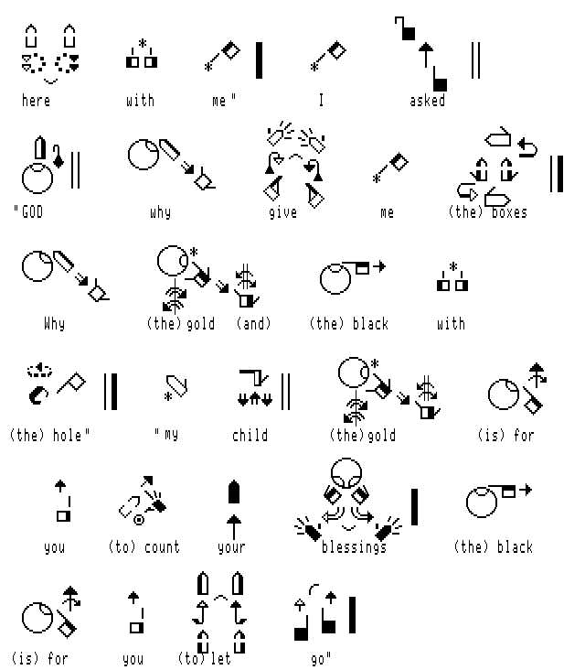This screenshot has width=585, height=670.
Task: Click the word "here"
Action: tap(36, 101)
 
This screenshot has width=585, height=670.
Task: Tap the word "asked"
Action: tap(427, 101)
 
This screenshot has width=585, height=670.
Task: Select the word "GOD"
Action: tap(32, 212)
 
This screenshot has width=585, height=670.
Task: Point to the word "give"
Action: tap(282, 212)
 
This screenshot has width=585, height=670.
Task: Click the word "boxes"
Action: tap(509, 212)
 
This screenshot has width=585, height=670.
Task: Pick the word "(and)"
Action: tap(253, 323)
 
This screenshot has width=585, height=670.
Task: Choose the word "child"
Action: tap(250, 435)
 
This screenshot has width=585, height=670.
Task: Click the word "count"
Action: tap(162, 547)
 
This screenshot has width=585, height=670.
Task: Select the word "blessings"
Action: tap(354, 547)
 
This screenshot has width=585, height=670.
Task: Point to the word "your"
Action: tap(231, 547)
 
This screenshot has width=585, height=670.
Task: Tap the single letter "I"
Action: tap(321, 101)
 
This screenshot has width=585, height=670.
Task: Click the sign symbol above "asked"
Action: tap(421, 54)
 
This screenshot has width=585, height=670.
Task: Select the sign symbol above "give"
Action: tap(294, 165)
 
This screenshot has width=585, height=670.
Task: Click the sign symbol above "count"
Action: tap(143, 500)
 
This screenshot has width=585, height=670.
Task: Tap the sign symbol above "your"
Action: tap(234, 509)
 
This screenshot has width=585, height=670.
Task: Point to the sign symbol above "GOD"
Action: tap(43, 165)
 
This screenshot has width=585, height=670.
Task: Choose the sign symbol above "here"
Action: tap(50, 54)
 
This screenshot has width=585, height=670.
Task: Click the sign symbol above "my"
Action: tap(176, 387)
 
